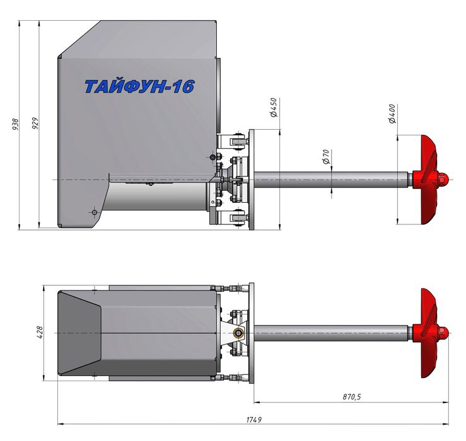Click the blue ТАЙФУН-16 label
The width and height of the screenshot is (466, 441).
coord(139,86)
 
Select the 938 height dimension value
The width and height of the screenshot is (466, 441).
coord(16,125)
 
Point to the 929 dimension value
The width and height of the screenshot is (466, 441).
coord(35,123)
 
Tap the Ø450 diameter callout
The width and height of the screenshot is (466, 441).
coord(274,108)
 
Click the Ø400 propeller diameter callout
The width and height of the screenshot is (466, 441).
coord(392,114)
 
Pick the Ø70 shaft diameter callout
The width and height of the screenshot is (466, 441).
coord(326,157)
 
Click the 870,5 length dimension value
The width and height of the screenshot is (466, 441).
coord(352,396)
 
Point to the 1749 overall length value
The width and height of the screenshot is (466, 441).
coord(254,420)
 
